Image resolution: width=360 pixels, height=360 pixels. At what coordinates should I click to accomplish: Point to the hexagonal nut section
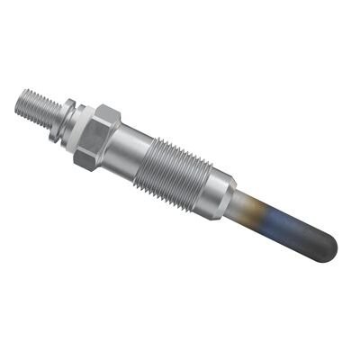tap(97, 135)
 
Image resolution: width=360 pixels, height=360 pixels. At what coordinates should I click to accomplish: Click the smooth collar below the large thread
tap(216, 190)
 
